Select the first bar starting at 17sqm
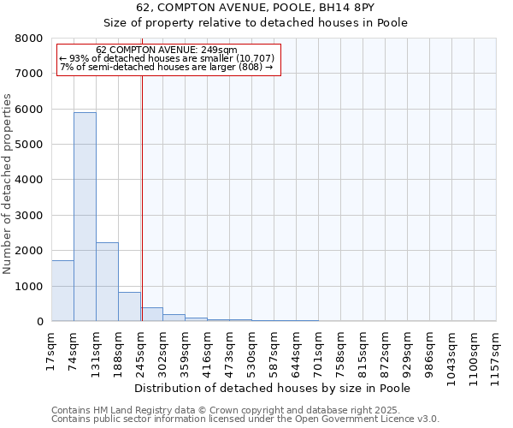(62, 291)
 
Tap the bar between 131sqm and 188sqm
(107, 282)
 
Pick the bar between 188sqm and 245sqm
(129, 306)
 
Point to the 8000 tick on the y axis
(31, 39)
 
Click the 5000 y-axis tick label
(31, 145)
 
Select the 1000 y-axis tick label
(31, 286)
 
